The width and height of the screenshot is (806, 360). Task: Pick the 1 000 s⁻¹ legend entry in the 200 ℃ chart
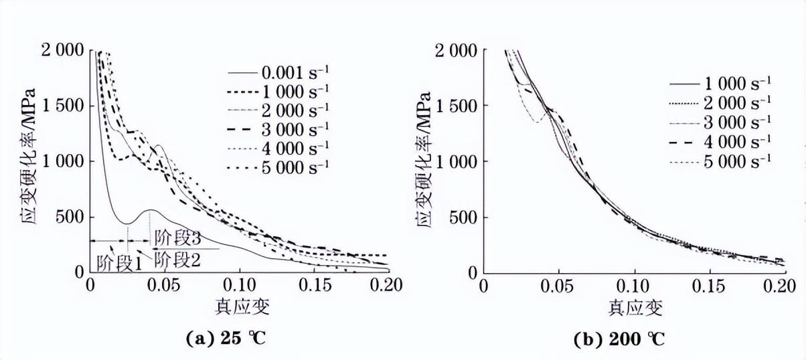click(x=737, y=84)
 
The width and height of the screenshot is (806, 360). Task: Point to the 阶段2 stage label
click(x=177, y=258)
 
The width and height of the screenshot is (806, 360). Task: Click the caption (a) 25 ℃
click(x=226, y=338)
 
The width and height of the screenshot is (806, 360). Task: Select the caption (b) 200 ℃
click(x=620, y=339)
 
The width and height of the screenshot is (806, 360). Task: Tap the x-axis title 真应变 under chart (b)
click(x=635, y=307)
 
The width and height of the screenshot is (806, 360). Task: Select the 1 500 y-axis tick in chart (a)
click(x=63, y=106)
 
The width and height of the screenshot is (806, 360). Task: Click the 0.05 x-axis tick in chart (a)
click(x=165, y=284)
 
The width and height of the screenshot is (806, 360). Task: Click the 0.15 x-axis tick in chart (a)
click(x=313, y=284)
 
